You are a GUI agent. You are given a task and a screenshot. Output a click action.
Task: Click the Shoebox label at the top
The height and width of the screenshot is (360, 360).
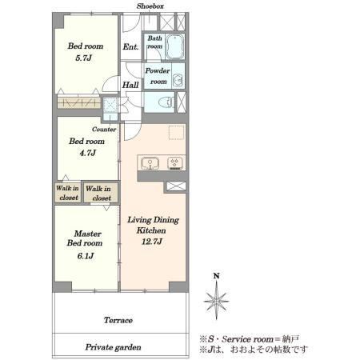[x=150, y=6]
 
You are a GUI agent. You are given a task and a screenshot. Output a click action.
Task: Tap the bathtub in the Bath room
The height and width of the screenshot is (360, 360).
[x=174, y=46]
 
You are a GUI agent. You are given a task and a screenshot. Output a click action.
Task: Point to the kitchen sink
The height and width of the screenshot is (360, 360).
[x=150, y=163]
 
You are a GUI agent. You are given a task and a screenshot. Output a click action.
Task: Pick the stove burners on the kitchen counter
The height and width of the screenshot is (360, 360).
[x=175, y=163]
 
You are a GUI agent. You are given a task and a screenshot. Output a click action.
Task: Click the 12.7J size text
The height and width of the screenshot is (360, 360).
[x=152, y=242]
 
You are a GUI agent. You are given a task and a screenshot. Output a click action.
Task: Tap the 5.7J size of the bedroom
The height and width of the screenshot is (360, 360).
[x=83, y=58]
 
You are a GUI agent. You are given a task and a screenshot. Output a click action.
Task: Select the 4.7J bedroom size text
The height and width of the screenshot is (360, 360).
[x=87, y=153]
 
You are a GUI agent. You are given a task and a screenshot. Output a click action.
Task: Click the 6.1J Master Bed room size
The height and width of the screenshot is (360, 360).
[x=86, y=256]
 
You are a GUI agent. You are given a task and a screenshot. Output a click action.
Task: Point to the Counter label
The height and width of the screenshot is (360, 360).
[x=104, y=130]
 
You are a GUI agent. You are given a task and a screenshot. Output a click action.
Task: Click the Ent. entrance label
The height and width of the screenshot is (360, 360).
[x=130, y=47]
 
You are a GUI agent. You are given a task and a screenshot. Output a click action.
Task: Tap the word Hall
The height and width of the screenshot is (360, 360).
[x=130, y=85]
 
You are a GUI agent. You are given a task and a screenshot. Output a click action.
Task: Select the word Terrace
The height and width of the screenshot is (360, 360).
[x=118, y=320]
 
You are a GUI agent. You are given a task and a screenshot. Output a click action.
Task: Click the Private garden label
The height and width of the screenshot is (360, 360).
[x=113, y=347]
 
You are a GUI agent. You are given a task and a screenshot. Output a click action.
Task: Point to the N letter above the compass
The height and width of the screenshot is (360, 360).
[x=217, y=276]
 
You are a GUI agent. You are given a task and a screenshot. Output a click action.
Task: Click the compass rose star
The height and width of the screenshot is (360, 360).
[x=216, y=301]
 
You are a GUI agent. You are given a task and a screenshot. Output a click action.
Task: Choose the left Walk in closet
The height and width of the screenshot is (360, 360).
[x=68, y=193]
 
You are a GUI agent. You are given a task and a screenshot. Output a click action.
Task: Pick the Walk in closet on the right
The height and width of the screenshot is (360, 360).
[x=101, y=193]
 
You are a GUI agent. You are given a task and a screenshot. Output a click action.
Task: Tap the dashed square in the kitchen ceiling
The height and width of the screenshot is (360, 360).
[x=177, y=132]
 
